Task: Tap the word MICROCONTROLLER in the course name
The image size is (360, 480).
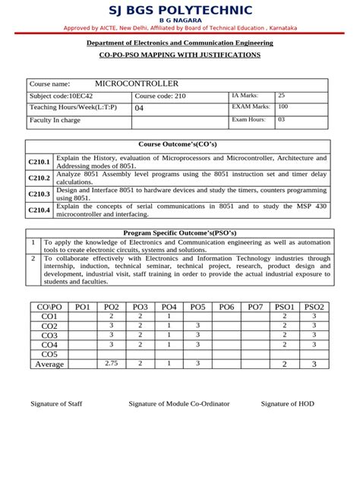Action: coord(137,83)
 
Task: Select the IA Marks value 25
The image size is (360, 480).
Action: coord(282,96)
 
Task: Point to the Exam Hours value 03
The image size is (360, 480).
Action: coord(282,119)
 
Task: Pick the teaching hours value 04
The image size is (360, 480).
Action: coord(138,109)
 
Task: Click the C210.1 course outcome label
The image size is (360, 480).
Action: coord(39,162)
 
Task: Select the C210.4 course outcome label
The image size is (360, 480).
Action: coord(39,210)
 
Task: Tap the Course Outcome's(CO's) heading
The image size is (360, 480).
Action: coord(179,144)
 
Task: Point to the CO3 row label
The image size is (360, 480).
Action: coord(49,335)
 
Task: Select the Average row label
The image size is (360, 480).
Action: coord(49,364)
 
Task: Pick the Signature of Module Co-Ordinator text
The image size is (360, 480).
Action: coord(179,403)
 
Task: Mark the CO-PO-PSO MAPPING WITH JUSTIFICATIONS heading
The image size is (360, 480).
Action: coord(180,55)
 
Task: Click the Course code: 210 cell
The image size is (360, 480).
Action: coord(159,96)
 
